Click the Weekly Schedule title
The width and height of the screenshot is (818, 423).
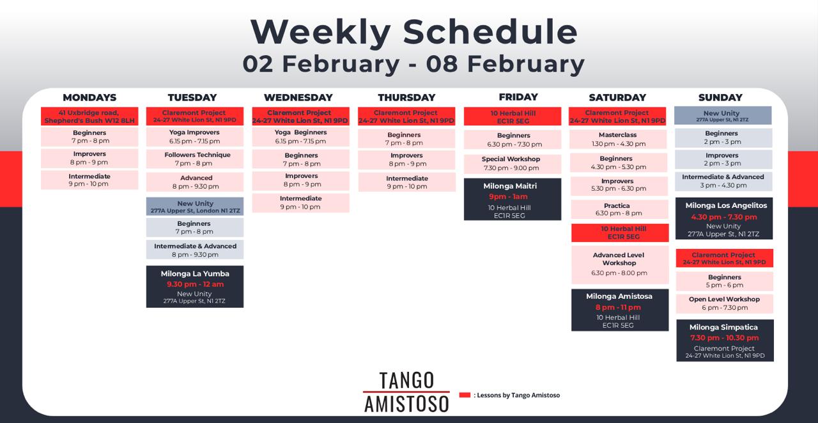coord(414,32)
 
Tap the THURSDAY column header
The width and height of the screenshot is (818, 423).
coord(406,98)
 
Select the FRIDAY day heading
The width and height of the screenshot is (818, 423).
coord(518,97)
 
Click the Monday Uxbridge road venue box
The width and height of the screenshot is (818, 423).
coord(89,116)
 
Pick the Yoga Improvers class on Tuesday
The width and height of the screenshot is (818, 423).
coord(195,137)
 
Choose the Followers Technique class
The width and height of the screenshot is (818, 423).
coord(195,159)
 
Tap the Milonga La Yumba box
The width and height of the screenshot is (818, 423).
coord(195,287)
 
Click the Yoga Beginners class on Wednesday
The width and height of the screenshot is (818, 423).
coord(300,137)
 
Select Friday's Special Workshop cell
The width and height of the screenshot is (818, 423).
coord(513,164)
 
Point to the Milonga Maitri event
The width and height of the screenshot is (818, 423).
coord(513,199)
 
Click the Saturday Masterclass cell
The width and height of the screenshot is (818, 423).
coord(618,140)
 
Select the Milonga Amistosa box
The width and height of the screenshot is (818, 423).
coord(620,310)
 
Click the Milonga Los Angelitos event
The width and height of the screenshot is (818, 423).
coord(724,219)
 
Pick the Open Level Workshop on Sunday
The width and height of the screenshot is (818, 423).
coord(725,303)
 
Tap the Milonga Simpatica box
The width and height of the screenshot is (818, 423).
coord(725,340)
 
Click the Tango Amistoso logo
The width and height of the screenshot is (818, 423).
coord(406,392)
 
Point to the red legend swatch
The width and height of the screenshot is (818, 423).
coord(465,395)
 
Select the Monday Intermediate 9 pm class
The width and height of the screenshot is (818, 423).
coord(89,180)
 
